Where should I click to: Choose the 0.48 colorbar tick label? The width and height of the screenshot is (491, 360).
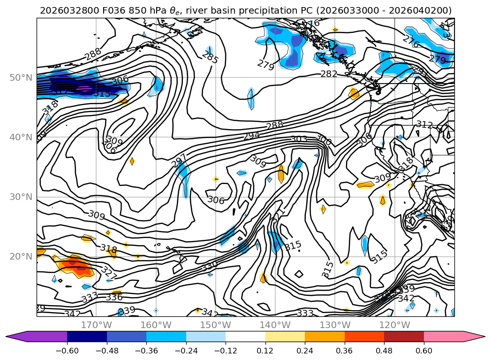click(384, 350)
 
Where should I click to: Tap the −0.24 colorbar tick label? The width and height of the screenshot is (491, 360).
click(186, 350)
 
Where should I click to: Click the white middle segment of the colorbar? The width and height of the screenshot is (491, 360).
click(245, 337)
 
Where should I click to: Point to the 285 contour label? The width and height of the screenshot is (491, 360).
click(210, 57)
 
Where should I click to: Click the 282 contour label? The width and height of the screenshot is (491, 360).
click(329, 74)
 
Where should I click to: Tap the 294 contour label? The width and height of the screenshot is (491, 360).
click(251, 136)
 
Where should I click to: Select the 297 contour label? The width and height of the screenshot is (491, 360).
click(179, 161)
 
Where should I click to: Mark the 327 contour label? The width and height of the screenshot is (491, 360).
click(109, 273)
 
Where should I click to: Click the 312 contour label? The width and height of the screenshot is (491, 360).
click(424, 124)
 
